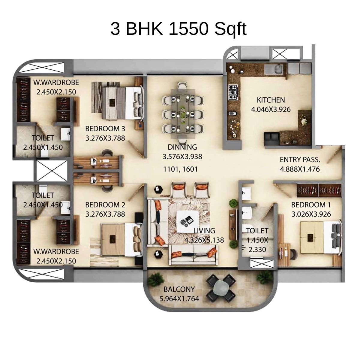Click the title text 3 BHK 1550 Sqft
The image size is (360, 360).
[178, 29]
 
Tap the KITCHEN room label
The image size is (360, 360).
[271, 100]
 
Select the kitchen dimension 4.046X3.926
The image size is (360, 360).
[271, 109]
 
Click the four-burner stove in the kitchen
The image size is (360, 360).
[233, 92]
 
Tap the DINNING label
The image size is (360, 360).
[182, 147]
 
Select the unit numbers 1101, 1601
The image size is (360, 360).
[180, 169]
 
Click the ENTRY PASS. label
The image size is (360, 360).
[300, 159]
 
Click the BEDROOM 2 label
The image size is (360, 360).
[105, 205]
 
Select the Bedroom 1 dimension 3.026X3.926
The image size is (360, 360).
[311, 214]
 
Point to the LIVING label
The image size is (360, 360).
[204, 231]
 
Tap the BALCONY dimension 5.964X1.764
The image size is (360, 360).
[179, 299]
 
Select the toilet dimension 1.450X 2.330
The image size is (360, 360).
[257, 245]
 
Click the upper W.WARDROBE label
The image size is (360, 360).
[56, 82]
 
